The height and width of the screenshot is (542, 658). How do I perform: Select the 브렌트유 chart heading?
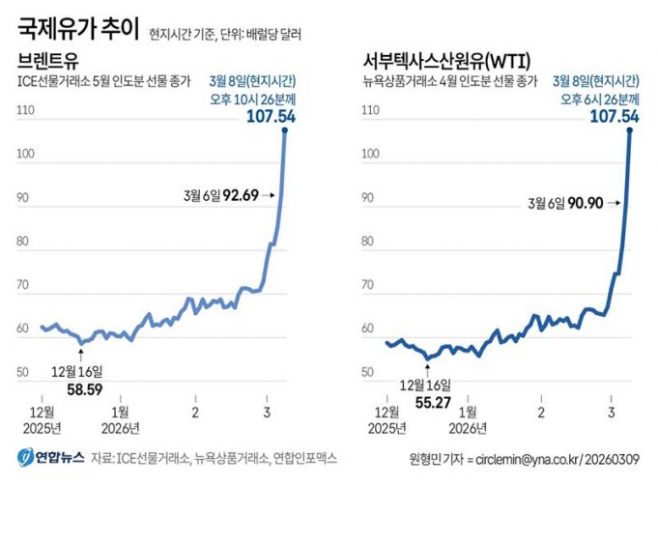(x=49, y=62)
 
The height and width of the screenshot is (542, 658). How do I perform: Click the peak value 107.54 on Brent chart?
(x=271, y=116)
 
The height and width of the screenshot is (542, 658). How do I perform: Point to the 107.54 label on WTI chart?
(x=615, y=116)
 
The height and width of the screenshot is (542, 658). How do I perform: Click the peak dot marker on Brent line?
(x=285, y=129)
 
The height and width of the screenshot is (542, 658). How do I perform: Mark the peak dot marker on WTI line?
(x=630, y=129)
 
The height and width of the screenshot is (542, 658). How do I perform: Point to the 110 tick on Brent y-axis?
(x=26, y=111)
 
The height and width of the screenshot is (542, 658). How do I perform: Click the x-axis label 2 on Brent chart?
(x=195, y=413)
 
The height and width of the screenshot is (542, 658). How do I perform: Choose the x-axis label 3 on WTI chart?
(x=611, y=413)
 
